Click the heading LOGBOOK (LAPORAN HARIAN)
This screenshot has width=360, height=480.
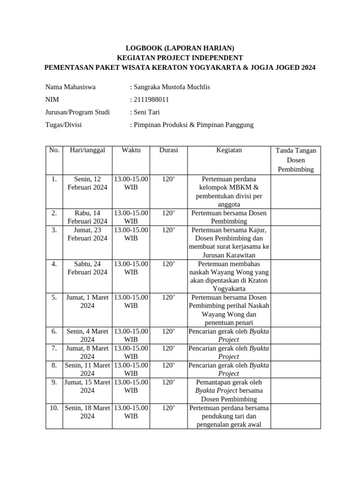click(180, 48)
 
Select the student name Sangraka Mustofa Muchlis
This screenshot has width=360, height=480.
click(172, 87)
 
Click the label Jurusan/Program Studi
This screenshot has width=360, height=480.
click(77, 112)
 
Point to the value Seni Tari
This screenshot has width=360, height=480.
click(147, 112)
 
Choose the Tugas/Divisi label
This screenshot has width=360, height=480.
click(67, 125)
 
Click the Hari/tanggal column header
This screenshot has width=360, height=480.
click(87, 150)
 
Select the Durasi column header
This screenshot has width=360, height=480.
click(168, 150)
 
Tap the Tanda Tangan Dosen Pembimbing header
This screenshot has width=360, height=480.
click(296, 160)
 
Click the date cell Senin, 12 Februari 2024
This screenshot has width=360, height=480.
click(87, 183)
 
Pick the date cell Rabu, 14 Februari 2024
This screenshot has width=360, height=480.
click(87, 217)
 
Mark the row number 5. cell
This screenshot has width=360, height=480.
click(54, 297)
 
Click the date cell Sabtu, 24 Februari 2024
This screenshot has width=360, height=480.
click(87, 268)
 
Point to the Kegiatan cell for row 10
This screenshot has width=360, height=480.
click(229, 416)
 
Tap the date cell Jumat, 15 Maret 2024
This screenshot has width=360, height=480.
click(87, 386)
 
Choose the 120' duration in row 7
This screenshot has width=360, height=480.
click(168, 348)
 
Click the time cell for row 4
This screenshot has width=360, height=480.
click(131, 268)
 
